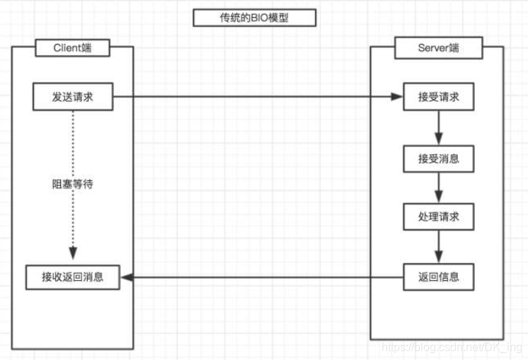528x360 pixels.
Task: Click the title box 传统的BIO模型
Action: tap(254, 18)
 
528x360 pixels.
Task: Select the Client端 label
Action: tap(72, 48)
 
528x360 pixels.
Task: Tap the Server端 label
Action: tap(437, 48)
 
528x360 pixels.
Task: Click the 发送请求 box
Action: tap(72, 98)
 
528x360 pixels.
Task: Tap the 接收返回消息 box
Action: tap(72, 277)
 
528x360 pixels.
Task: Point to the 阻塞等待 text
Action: tap(73, 185)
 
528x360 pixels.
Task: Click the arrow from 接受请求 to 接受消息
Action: tap(438, 128)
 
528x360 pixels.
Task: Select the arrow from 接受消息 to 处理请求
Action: tap(438, 187)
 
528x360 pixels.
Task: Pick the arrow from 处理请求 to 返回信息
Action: tap(438, 247)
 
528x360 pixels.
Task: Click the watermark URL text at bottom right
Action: tap(452, 349)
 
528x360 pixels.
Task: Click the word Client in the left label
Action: tap(67, 48)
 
